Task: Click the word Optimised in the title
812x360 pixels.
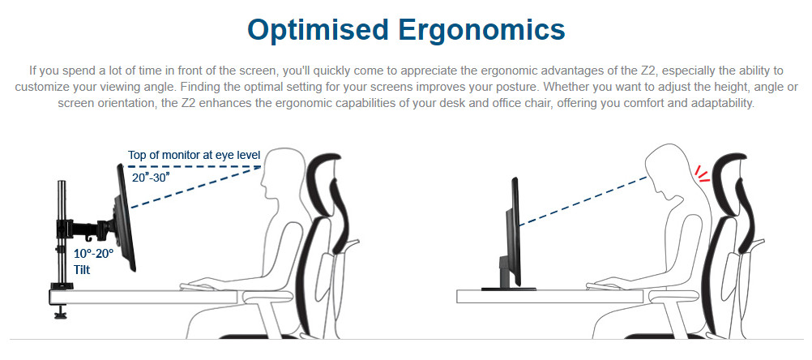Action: pyautogui.click(x=318, y=30)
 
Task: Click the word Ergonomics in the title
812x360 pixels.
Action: pyautogui.click(x=482, y=30)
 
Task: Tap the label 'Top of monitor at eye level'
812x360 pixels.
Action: pyautogui.click(x=194, y=155)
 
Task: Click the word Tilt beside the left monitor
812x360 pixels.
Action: pyautogui.click(x=82, y=270)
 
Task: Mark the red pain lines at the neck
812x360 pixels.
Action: pyautogui.click(x=703, y=174)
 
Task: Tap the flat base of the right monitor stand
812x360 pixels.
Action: pyautogui.click(x=508, y=288)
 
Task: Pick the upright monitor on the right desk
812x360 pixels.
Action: pyautogui.click(x=515, y=231)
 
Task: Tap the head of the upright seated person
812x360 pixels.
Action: pyautogui.click(x=282, y=173)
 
